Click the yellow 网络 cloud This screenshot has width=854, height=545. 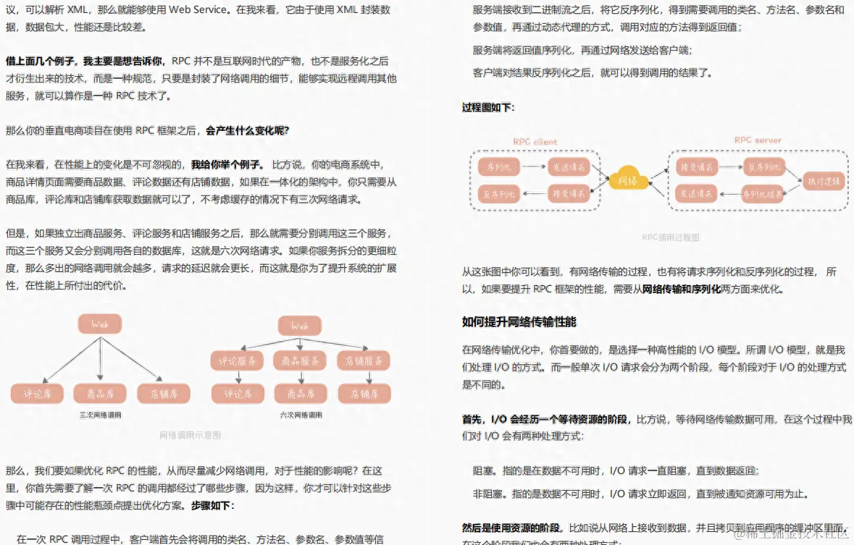tap(628, 179)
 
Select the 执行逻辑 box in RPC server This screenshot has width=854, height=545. tap(824, 181)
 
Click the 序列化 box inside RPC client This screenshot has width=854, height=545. tap(499, 167)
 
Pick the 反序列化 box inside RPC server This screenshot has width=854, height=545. tap(763, 167)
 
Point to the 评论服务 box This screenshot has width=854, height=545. tap(238, 360)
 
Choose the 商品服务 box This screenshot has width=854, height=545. tap(301, 360)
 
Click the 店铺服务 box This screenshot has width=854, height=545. tap(364, 360)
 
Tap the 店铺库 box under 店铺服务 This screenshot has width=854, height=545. tap(364, 394)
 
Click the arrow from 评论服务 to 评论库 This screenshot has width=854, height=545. tap(238, 377)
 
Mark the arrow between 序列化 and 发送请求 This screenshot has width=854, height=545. tap(534, 167)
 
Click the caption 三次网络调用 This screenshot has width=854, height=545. tap(101, 415)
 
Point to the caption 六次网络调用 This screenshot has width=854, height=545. tap(301, 415)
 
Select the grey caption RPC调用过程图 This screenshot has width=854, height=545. tap(671, 237)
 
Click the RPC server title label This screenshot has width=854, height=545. tap(758, 140)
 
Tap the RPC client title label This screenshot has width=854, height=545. tap(535, 142)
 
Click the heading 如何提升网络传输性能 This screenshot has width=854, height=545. tap(519, 321)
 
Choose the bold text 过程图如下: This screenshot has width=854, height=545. tap(488, 107)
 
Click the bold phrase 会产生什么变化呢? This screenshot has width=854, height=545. tap(247, 131)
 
